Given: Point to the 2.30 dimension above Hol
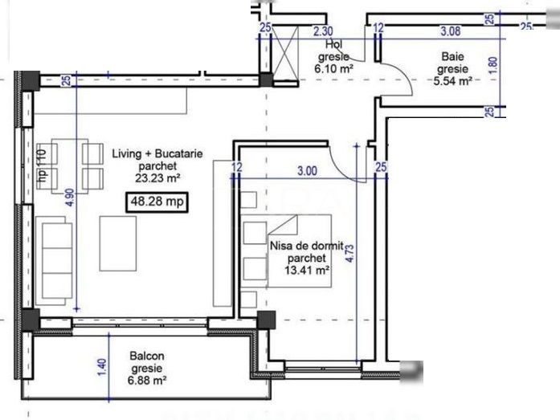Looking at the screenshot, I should [322, 31].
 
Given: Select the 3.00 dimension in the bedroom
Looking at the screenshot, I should [306, 169].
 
